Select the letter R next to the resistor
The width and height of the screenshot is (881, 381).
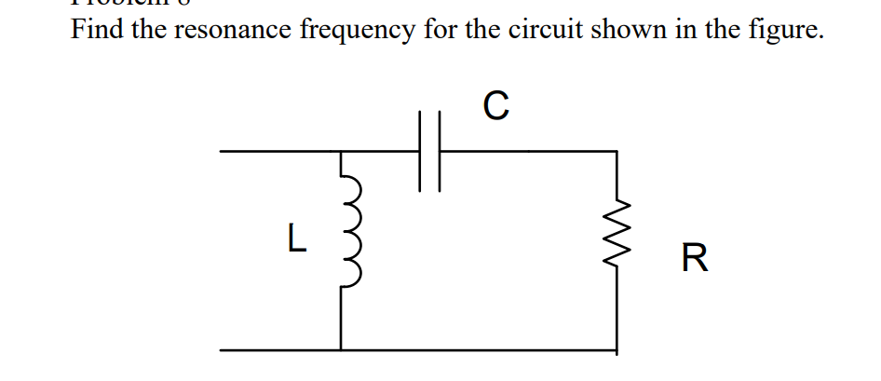pos(695,257)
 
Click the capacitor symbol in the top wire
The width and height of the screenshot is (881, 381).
pos(428,150)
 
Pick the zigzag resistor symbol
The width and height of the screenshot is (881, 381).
pos(616,245)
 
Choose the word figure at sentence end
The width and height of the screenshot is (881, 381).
pos(790,31)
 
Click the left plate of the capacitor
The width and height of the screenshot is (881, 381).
pos(420,150)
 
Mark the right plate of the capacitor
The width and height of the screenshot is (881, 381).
pos(438,150)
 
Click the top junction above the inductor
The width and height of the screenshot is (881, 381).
pos(341,150)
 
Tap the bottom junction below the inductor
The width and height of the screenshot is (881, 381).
pos(341,349)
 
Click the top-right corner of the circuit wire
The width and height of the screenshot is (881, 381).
pos(616,150)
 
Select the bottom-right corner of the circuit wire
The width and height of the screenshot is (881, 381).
pos(616,349)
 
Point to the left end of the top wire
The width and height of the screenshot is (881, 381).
pos(222,150)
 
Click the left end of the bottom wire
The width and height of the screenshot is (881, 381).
pos(222,349)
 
